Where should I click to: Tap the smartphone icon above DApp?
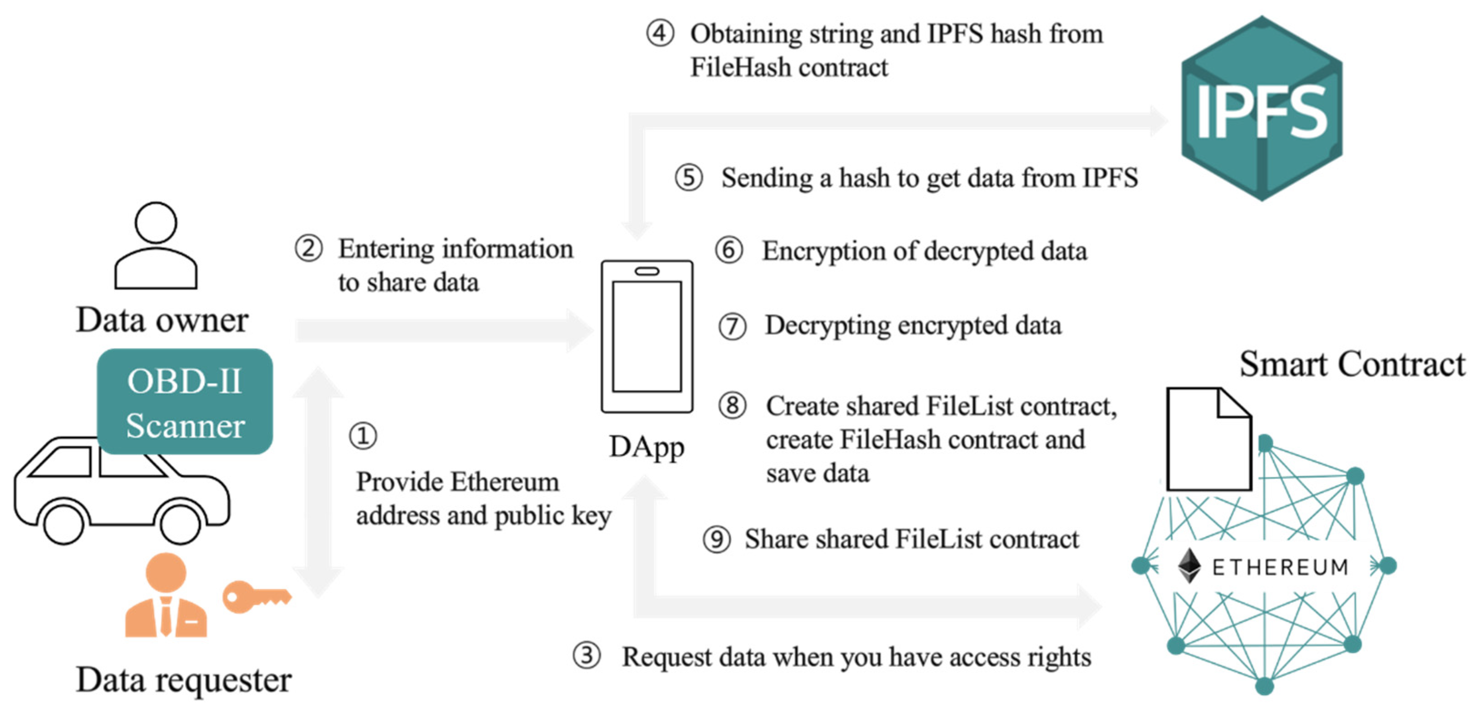(647, 336)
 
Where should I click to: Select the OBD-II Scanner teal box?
(184, 401)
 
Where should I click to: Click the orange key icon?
(256, 597)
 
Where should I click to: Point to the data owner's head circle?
(155, 222)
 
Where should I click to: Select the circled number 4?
(660, 33)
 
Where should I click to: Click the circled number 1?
(363, 436)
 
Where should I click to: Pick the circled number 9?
(717, 539)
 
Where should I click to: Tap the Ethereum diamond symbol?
(1189, 566)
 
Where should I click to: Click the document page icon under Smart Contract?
(1209, 440)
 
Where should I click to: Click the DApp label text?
(646, 447)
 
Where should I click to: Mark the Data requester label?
(184, 680)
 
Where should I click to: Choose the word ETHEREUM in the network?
(1280, 568)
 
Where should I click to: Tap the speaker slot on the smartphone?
(647, 271)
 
